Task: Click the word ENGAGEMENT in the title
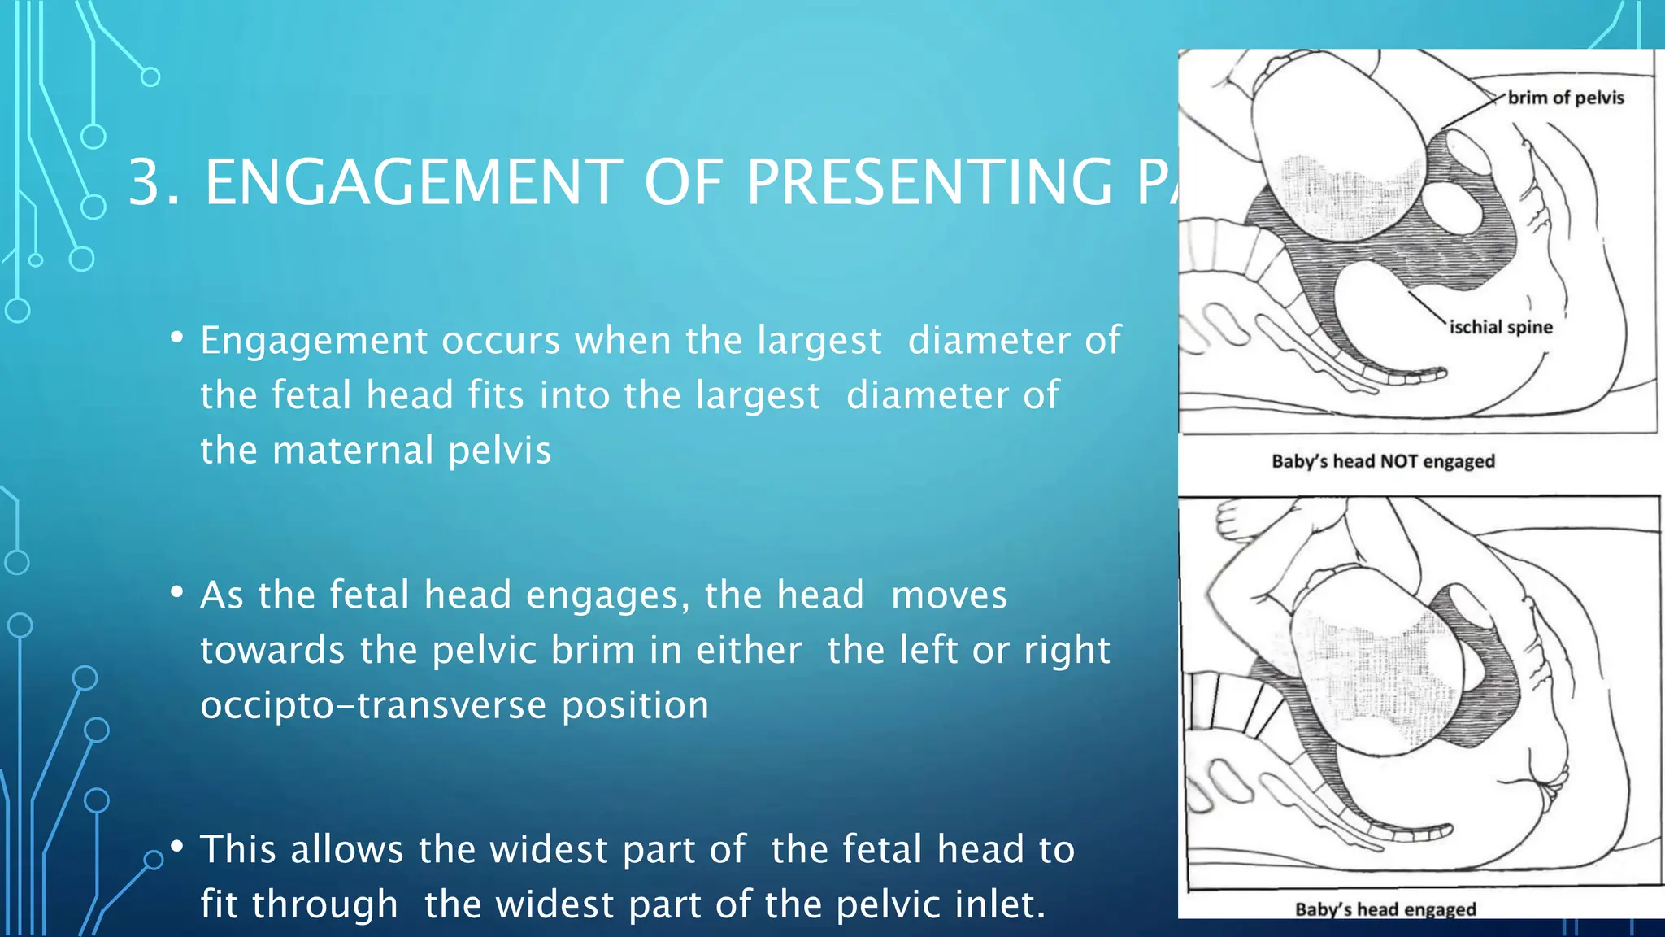413,182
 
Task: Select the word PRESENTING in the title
929,182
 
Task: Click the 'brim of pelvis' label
1565,98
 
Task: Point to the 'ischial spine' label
1501,327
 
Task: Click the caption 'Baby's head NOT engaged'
1383,461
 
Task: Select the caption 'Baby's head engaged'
1385,909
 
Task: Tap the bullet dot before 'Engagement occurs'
176,338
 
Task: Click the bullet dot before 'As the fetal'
176,592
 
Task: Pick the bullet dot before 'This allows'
176,847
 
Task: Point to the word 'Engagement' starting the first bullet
314,341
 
